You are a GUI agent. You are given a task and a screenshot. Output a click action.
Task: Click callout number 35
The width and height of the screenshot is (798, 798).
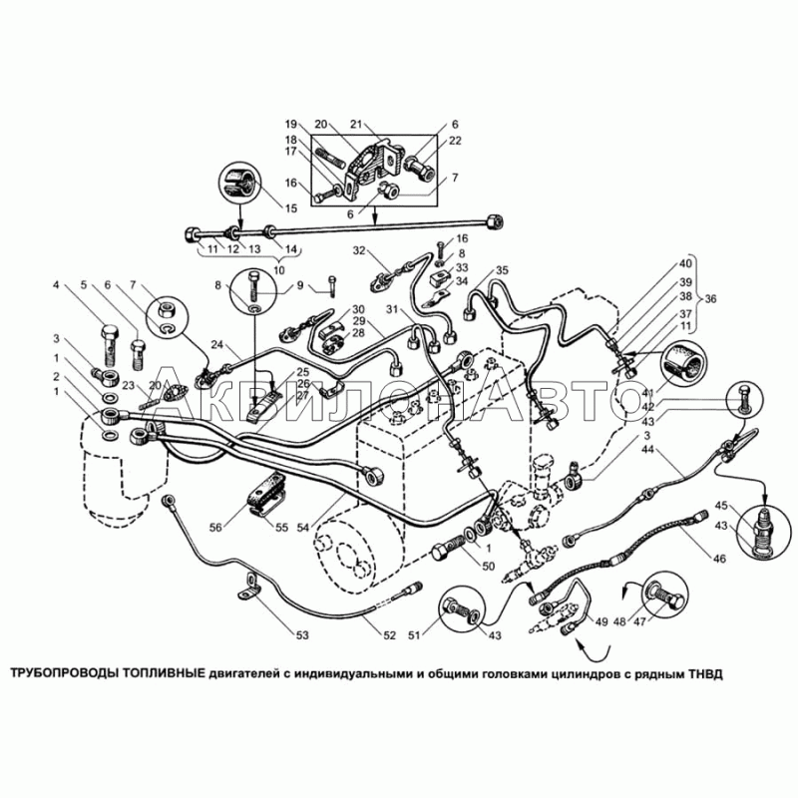502,270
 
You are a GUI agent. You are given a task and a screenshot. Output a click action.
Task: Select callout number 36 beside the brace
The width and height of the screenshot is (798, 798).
710,298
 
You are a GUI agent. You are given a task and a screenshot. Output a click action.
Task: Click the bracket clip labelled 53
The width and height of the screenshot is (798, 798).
247,590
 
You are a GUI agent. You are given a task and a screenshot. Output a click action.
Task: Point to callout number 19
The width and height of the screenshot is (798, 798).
292,126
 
